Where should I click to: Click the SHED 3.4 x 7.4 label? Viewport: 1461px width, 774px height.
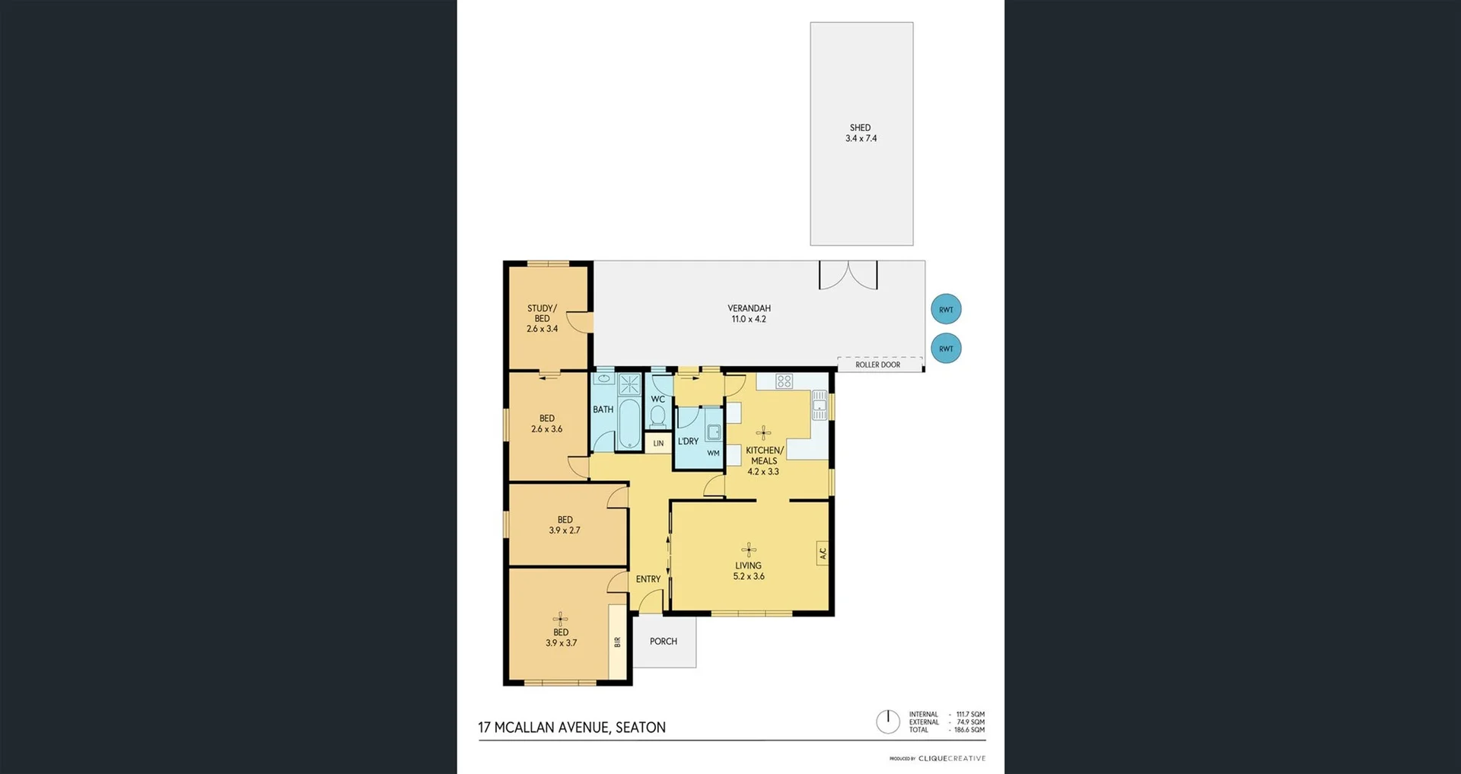tap(861, 133)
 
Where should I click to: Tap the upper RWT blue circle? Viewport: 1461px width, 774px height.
tap(946, 309)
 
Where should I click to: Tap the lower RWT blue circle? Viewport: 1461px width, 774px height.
tap(946, 349)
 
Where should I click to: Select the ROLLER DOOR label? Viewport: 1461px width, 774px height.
tap(877, 365)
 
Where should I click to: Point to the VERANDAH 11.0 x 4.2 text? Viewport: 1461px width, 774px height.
tap(749, 314)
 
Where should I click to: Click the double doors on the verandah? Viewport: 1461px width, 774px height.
tap(848, 276)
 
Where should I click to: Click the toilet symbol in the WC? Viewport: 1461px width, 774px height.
tap(658, 416)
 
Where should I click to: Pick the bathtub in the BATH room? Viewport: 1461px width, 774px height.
tap(629, 423)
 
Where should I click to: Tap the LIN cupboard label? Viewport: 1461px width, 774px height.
tap(658, 443)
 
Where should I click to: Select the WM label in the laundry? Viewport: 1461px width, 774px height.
tap(713, 453)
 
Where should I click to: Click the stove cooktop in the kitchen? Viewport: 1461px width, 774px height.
tap(784, 381)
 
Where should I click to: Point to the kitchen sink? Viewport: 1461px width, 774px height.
tap(819, 406)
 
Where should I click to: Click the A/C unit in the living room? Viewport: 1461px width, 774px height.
tap(822, 553)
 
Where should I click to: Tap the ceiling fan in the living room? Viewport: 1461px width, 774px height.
tap(749, 549)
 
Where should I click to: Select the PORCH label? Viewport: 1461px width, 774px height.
tap(664, 642)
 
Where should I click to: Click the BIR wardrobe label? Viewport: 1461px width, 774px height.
tap(617, 642)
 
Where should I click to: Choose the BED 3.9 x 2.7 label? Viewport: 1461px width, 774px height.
tap(565, 525)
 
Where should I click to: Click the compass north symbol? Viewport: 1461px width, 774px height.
tap(887, 721)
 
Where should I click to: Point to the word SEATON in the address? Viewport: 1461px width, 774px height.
tap(640, 728)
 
